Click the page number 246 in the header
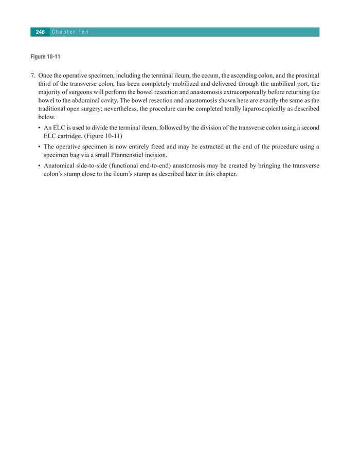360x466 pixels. tap(40, 32)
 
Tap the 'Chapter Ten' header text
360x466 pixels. tap(70, 32)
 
